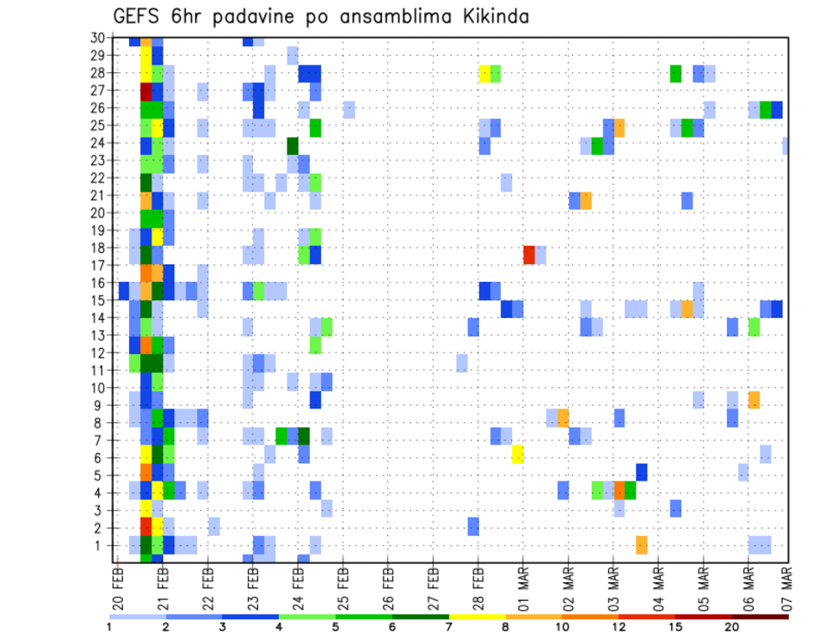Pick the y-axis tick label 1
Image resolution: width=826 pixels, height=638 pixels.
point(100,546)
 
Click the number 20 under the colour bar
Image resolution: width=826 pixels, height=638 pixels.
point(732,627)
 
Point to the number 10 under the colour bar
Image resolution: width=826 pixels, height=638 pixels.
point(563,627)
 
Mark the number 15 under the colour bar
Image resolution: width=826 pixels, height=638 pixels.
point(676,627)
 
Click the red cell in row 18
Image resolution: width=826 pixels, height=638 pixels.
point(529,255)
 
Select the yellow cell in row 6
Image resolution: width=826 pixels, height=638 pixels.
point(517,453)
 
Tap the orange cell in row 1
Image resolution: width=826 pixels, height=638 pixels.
point(641,544)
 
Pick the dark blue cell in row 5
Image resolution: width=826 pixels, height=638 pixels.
point(641,471)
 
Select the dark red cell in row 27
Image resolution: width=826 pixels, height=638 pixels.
point(146,91)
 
